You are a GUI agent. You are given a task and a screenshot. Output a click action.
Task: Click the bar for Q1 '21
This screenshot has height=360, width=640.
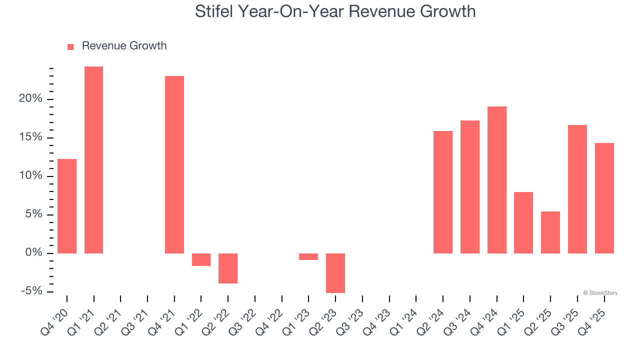pos(93,160)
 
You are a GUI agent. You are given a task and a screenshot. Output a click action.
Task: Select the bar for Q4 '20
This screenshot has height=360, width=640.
pos(67,206)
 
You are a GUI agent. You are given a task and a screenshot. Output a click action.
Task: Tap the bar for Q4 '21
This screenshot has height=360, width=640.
pos(174,164)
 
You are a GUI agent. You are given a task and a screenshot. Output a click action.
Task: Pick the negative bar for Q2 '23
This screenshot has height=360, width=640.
pos(335,273)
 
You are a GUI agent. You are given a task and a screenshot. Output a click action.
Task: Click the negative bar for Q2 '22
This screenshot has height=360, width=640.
pos(228,268)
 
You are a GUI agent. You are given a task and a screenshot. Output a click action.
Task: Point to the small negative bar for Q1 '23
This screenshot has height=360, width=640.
pos(308,256)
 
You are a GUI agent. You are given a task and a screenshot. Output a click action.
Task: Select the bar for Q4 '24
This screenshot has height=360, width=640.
pos(496,180)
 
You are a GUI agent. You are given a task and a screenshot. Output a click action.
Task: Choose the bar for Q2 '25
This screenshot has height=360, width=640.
pos(550,232)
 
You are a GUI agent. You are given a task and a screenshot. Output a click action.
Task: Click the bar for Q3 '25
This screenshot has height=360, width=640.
pos(577,189)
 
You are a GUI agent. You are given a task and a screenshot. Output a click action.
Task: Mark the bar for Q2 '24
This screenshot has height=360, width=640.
pos(443,192)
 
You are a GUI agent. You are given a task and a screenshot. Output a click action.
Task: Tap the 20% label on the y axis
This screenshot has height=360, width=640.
pos(30,99)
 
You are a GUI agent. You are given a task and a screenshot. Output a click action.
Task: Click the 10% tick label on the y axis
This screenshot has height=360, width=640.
pos(30,176)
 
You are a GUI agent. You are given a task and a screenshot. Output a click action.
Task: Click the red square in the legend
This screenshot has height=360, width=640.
pos(70,46)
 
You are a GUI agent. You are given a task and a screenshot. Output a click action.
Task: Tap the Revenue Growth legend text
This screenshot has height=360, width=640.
pos(124,46)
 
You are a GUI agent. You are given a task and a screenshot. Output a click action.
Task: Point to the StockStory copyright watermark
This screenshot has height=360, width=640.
pos(600,293)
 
